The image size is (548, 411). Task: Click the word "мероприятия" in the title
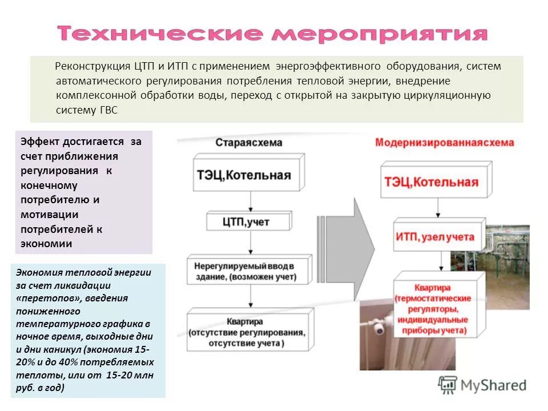tap(380, 34)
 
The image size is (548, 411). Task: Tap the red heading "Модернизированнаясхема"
tap(444, 143)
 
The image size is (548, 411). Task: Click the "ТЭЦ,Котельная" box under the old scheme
tap(244, 175)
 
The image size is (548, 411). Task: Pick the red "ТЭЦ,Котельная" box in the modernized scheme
tap(432, 182)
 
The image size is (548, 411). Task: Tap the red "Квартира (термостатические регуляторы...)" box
tap(438, 309)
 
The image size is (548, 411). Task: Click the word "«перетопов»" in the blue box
tap(44, 298)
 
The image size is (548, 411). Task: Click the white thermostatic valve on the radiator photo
tap(380, 330)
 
